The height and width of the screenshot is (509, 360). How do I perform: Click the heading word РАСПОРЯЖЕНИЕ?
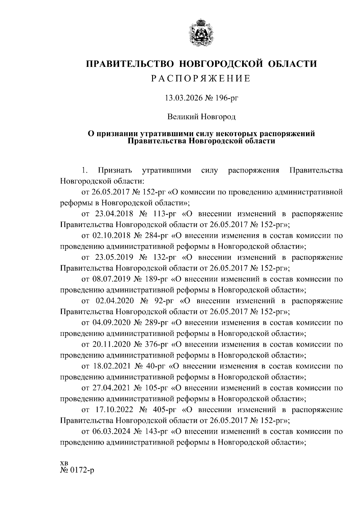[x=201, y=79]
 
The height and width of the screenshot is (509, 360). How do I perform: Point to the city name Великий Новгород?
[x=201, y=116]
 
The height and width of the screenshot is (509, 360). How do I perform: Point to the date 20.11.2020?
[x=111, y=345]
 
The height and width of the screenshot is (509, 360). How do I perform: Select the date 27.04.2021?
[x=111, y=388]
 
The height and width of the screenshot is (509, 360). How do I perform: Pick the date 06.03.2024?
[x=111, y=432]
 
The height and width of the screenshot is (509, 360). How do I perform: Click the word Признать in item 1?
[x=115, y=170]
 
